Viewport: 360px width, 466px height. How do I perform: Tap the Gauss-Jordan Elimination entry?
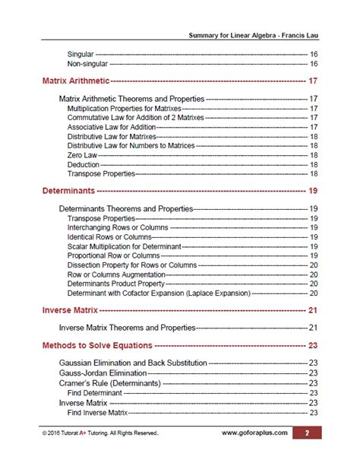(x=103, y=373)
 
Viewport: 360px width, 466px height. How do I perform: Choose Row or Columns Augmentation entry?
(x=114, y=274)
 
